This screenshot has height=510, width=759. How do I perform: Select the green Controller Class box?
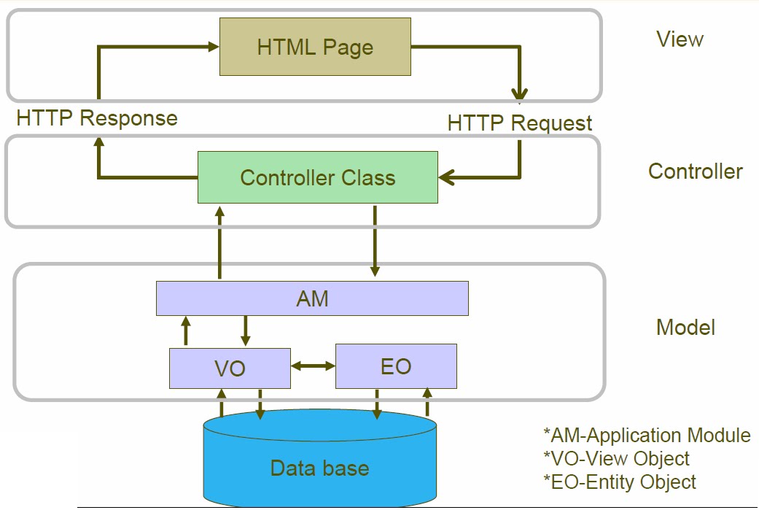[318, 177]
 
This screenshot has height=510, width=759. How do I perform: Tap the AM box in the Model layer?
[312, 298]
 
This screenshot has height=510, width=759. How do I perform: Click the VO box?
[230, 368]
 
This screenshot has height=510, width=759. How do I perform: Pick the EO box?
[396, 366]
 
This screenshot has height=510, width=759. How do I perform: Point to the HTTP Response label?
[97, 118]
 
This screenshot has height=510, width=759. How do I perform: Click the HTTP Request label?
[520, 123]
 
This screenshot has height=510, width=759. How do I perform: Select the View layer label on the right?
[680, 39]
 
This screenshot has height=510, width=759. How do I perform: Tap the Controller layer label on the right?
[695, 171]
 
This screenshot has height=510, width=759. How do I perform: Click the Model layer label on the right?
[685, 328]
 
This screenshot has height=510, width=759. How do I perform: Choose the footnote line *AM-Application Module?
[647, 436]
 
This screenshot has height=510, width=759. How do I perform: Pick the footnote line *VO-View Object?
[616, 459]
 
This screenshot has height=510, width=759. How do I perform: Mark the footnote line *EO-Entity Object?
[620, 482]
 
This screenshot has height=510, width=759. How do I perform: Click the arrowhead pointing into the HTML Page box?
[214, 47]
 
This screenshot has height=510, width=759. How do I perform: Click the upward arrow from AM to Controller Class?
[219, 241]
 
